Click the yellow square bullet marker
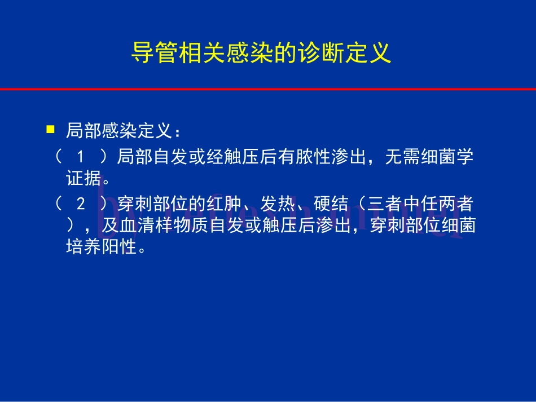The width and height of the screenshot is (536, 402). [x=50, y=130]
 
